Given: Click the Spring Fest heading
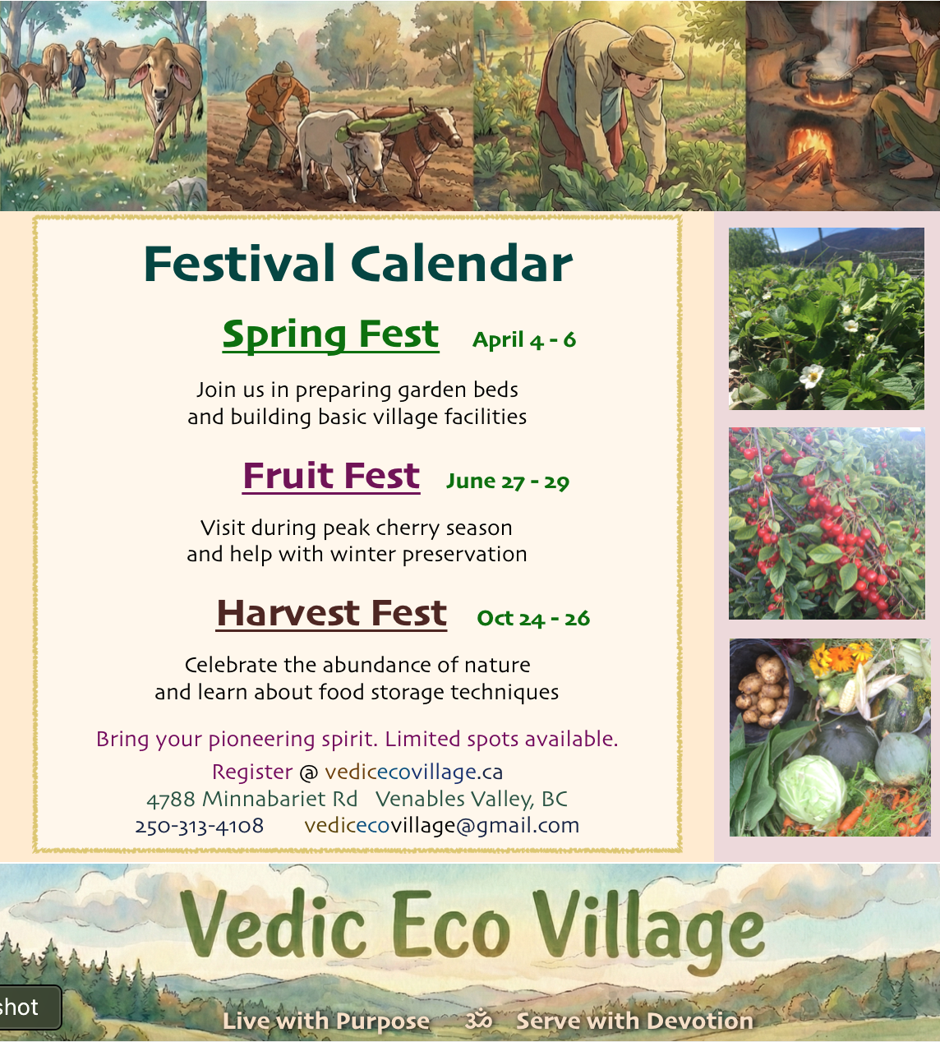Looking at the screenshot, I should pyautogui.click(x=330, y=334).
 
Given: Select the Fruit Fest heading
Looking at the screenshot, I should pyautogui.click(x=331, y=476).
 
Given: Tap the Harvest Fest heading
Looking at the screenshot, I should pyautogui.click(x=331, y=613).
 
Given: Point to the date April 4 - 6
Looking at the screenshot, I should pyautogui.click(x=524, y=340).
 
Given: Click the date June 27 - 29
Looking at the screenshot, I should pyautogui.click(x=508, y=482).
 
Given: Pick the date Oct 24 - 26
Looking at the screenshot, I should pyautogui.click(x=533, y=618).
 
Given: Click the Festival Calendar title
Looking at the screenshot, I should pyautogui.click(x=358, y=264).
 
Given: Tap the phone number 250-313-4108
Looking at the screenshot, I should pyautogui.click(x=199, y=826).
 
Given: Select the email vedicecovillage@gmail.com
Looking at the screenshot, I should pyautogui.click(x=441, y=826).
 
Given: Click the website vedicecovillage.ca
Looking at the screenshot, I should pyautogui.click(x=413, y=772).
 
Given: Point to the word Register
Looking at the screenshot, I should pyautogui.click(x=251, y=772).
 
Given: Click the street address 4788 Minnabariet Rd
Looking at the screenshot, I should pyautogui.click(x=251, y=799).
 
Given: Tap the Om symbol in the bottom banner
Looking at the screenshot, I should pyautogui.click(x=478, y=1021).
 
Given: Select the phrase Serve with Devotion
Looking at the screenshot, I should pyautogui.click(x=634, y=1021).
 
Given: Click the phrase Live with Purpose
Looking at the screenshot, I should pyautogui.click(x=326, y=1021).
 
